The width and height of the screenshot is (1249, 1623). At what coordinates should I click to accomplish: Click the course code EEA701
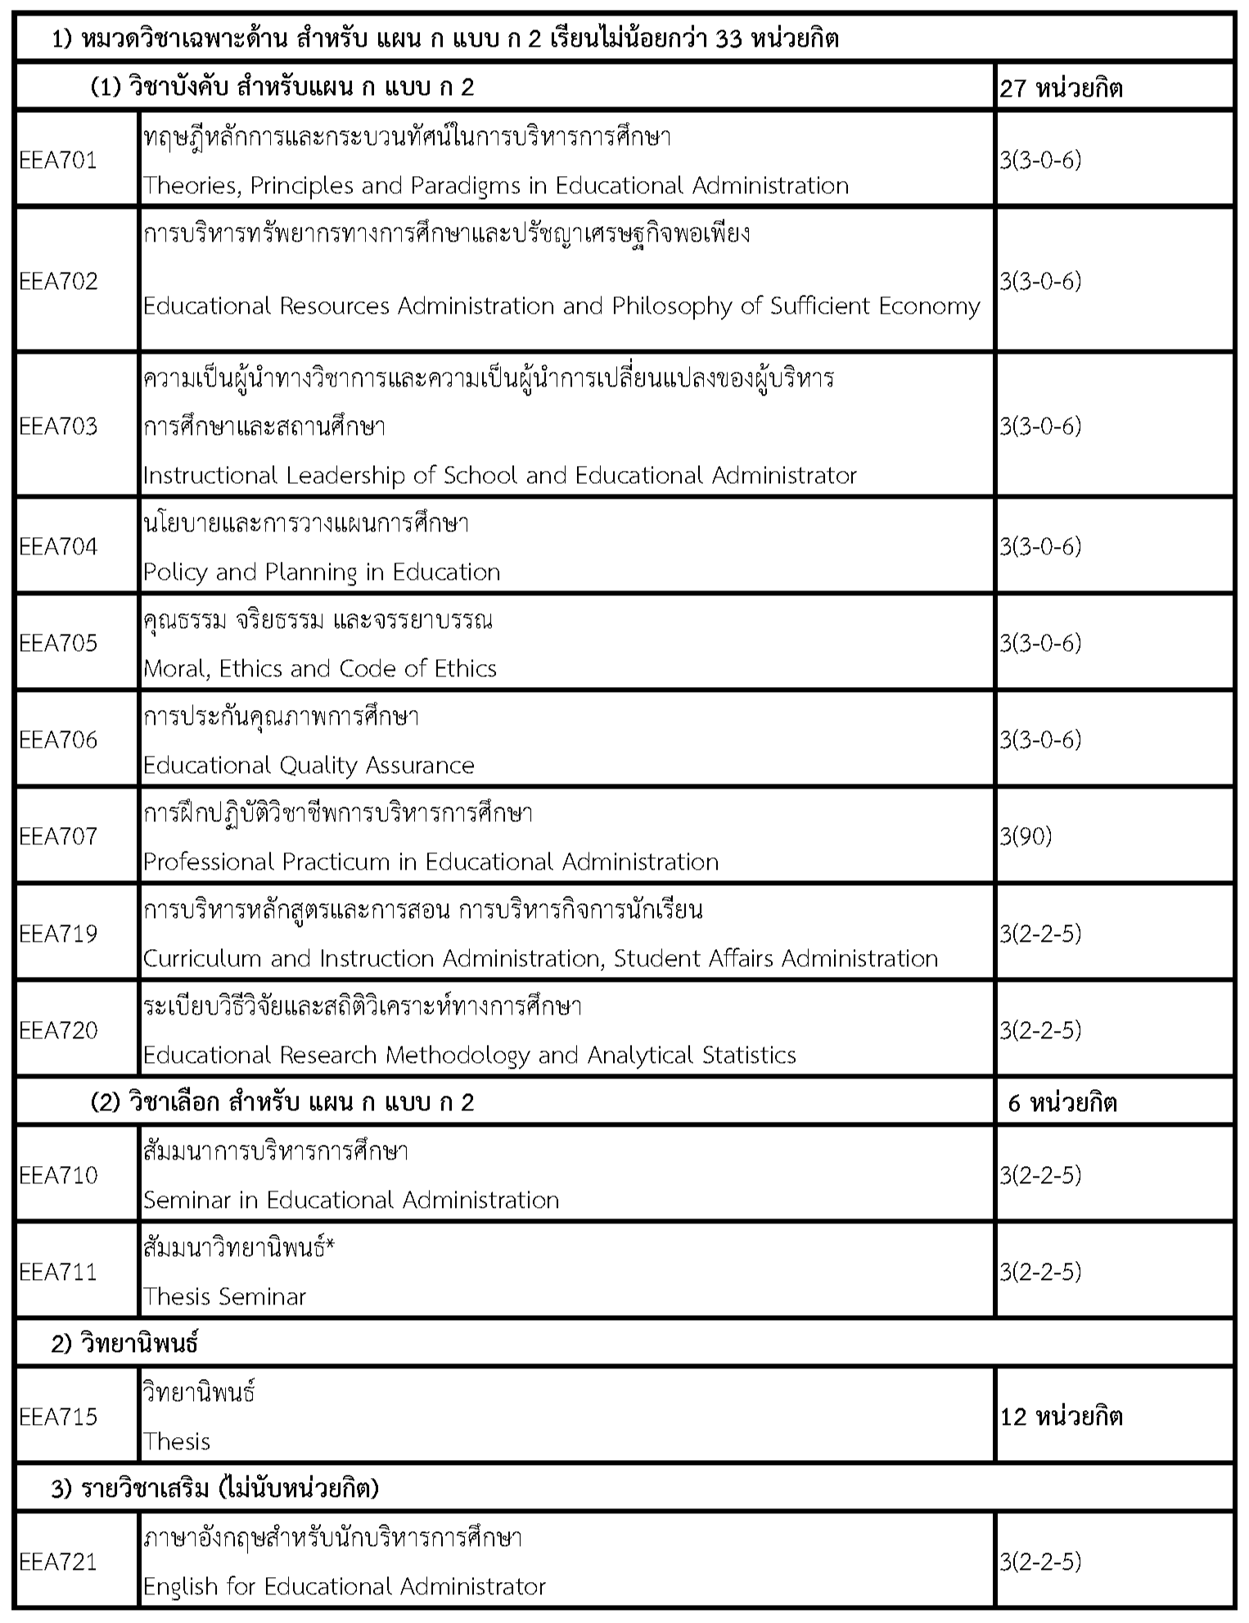58,160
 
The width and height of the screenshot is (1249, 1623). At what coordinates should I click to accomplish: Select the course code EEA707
58,836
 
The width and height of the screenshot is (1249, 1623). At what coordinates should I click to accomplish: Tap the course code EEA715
58,1417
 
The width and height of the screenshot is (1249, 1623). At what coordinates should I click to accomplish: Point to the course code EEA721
58,1562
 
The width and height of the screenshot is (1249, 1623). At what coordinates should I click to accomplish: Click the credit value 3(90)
1026,836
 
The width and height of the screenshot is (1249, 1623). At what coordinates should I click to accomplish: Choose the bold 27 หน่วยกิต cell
1061,88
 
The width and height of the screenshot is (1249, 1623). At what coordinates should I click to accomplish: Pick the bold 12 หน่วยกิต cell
1061,1417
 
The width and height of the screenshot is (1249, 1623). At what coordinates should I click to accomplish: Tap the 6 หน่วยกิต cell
1062,1102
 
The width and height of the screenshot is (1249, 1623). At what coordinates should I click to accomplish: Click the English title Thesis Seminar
224,1296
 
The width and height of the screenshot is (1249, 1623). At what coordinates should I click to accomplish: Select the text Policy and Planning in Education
322,572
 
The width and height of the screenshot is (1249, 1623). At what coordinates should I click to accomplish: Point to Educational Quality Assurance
309,765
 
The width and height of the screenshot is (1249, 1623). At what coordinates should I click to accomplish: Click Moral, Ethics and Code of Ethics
320,668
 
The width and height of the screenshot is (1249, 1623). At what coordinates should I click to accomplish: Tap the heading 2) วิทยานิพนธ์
124,1344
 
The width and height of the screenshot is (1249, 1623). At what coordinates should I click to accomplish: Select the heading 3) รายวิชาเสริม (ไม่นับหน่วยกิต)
214,1489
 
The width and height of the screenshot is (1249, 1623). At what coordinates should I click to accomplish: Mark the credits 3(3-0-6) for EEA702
1040,281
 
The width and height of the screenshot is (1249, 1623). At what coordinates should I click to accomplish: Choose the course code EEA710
58,1175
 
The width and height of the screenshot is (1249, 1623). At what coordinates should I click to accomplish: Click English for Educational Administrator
344,1586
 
